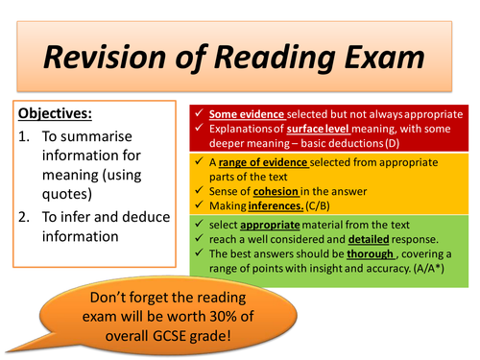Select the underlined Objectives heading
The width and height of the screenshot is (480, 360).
(56, 113)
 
